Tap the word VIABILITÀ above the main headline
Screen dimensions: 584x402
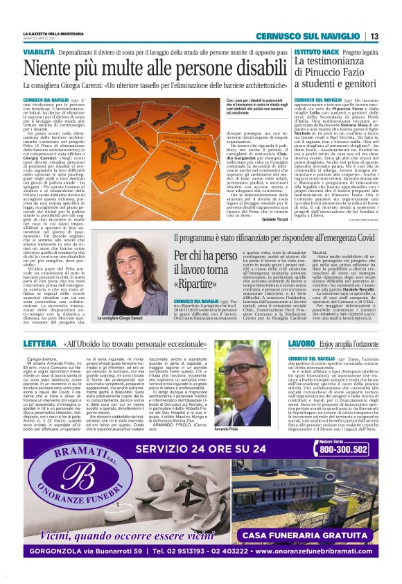39,52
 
